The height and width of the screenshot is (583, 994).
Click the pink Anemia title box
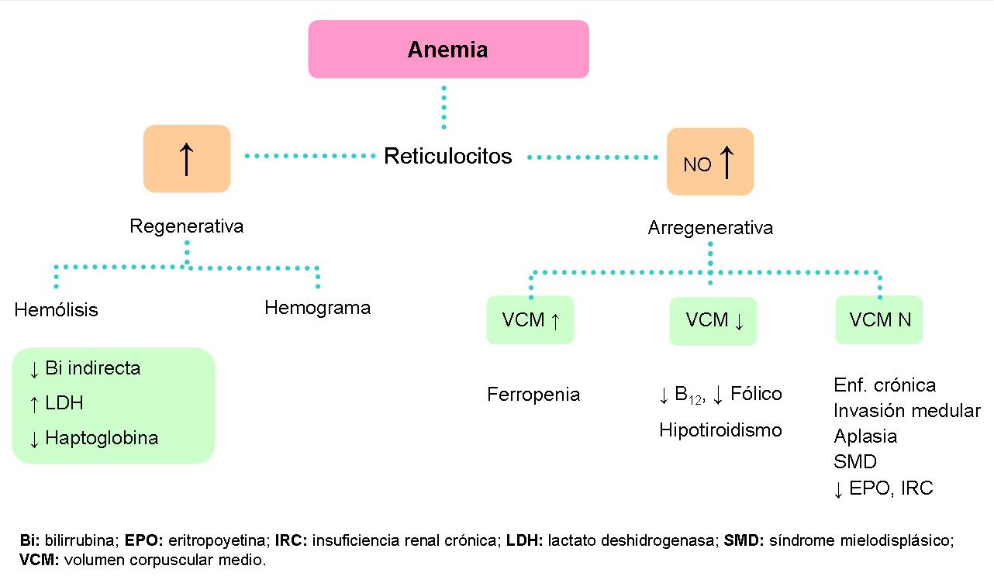[448, 50]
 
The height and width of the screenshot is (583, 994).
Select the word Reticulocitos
[448, 156]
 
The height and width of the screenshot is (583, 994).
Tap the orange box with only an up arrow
[187, 158]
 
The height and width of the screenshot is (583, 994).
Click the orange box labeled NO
[710, 161]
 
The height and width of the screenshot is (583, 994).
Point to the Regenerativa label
[186, 226]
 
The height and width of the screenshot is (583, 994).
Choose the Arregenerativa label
[710, 229]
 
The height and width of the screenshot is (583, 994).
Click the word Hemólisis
[57, 310]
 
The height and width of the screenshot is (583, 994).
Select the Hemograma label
[317, 308]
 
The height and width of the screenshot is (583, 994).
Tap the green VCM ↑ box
[530, 320]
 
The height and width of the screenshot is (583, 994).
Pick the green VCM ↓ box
[713, 320]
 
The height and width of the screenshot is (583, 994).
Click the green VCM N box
[879, 320]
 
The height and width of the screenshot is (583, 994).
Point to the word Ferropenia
[533, 395]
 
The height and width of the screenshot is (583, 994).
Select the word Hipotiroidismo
[720, 430]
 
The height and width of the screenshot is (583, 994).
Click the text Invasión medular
[907, 411]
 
